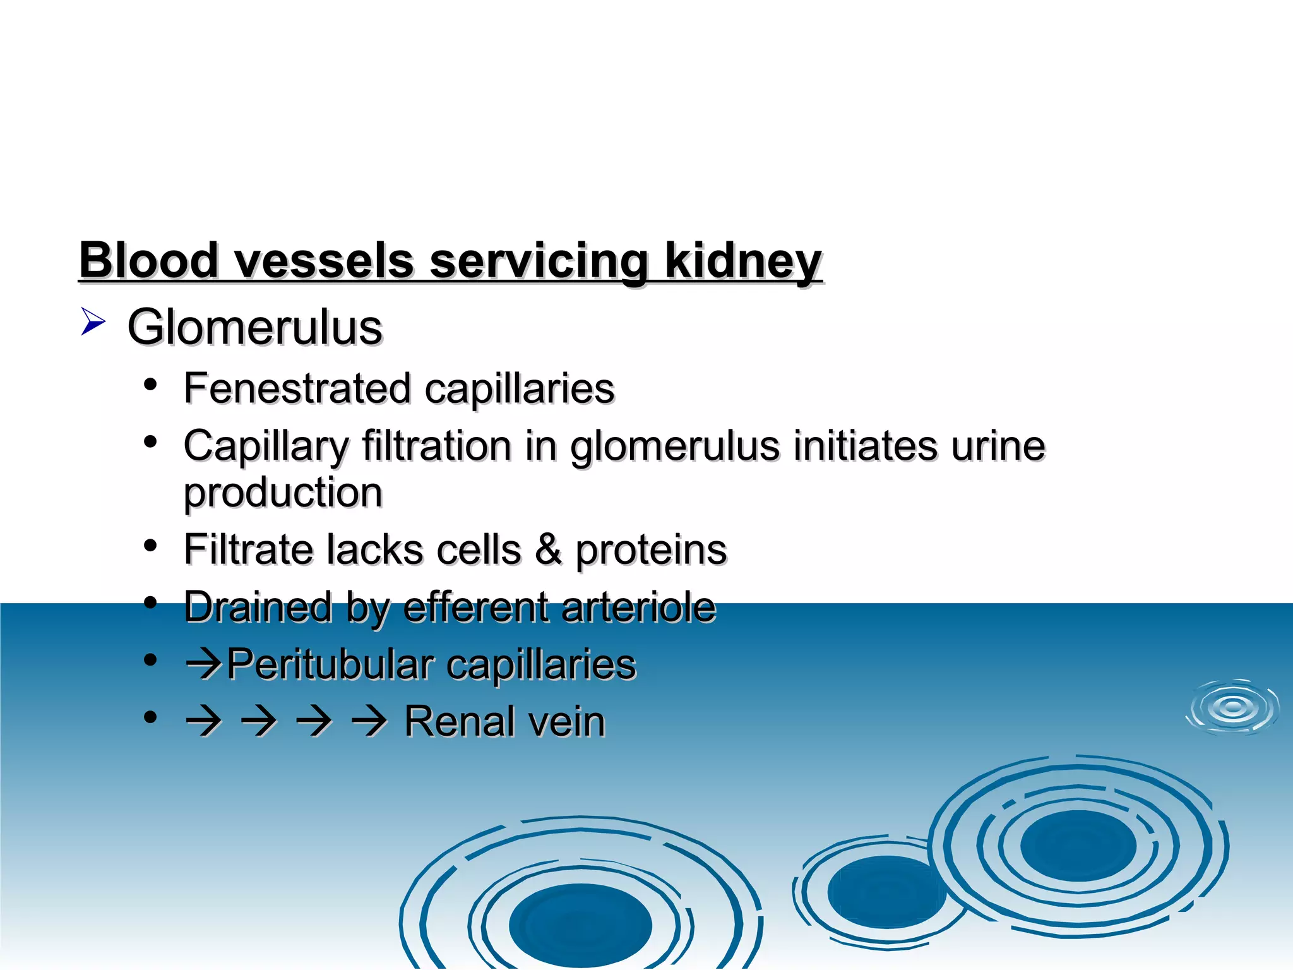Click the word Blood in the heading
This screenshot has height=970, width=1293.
[x=148, y=260]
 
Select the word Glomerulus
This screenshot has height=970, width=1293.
[x=254, y=327]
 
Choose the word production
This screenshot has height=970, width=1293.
[x=283, y=493]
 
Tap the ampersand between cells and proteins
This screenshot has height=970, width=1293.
[x=548, y=549]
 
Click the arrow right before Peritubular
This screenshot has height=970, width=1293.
[x=203, y=666]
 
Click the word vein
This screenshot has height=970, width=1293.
[x=571, y=722]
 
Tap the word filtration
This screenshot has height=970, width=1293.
[x=436, y=446]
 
